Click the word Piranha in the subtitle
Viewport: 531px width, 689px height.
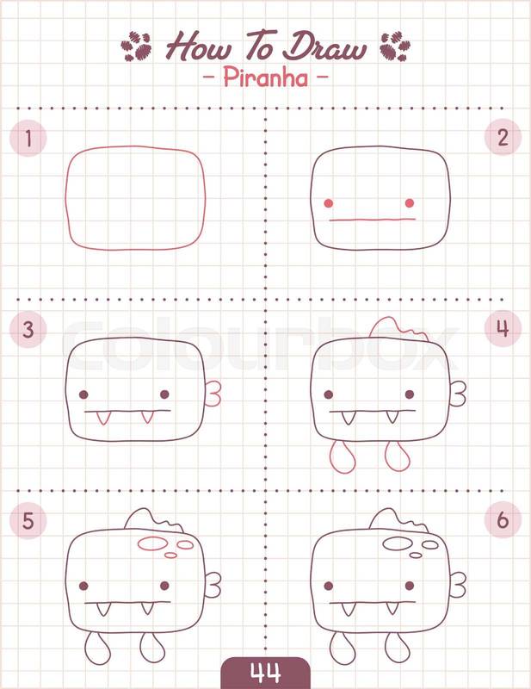266,78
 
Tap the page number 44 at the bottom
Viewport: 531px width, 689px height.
265,673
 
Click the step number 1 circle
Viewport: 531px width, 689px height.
28,138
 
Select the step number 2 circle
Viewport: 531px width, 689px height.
503,137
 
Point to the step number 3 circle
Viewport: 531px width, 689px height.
28,329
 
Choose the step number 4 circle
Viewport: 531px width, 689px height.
503,328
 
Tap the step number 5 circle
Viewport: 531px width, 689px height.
28,520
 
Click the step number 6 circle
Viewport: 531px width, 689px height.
503,520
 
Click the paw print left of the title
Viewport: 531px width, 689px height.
136,47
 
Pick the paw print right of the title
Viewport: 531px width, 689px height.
395,47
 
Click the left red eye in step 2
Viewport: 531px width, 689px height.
329,203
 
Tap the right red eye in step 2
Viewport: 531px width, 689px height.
410,203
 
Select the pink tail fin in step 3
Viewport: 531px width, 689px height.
213,394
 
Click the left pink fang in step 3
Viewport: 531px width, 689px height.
102,418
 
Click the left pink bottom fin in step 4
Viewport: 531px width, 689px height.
343,457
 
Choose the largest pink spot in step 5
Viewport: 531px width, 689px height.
152,544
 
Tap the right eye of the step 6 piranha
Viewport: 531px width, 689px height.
410,586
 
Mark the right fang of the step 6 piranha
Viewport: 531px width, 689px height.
392,609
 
